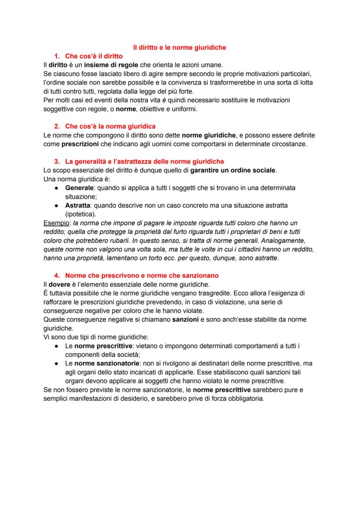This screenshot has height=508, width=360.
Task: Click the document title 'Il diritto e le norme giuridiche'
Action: tap(179, 47)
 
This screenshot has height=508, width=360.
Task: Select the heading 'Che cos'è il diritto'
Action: tap(93, 56)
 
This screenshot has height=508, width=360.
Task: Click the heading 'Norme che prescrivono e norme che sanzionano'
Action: tap(142, 276)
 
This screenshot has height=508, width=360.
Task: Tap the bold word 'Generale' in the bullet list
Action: tap(79, 188)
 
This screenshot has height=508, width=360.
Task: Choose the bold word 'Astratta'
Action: tap(78, 205)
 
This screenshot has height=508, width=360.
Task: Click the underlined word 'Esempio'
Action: tap(55, 223)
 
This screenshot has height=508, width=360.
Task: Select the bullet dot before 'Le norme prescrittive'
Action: tap(57, 346)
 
